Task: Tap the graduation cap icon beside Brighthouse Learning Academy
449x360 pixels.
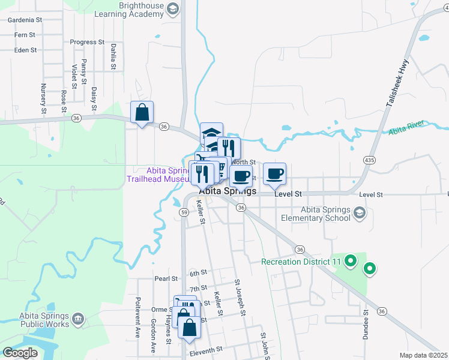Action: tap(173, 8)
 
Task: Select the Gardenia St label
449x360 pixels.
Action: tap(25, 20)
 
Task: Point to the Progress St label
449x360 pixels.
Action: tap(87, 43)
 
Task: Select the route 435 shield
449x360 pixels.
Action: tap(369, 160)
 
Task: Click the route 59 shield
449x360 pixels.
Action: tap(184, 212)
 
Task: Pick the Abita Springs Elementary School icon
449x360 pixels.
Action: tap(359, 213)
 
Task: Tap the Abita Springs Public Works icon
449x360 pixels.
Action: tap(78, 319)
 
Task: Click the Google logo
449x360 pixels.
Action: tap(20, 353)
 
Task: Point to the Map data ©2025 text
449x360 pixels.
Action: tap(423, 355)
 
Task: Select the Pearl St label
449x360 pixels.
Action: tap(166, 279)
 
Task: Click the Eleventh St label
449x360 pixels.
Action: tap(206, 349)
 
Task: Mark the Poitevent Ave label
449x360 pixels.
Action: tap(137, 325)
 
